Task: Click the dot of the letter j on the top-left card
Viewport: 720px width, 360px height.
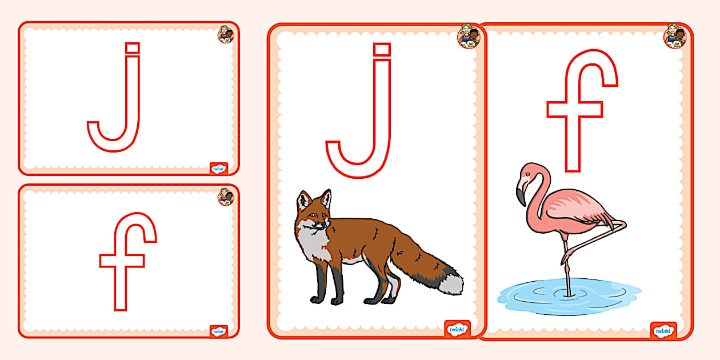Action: click(133, 48)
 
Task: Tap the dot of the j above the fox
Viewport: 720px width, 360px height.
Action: click(382, 50)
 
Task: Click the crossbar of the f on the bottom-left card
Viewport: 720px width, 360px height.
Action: click(122, 261)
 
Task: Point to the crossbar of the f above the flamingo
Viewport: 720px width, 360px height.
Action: click(575, 109)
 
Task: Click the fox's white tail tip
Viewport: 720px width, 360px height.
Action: click(452, 284)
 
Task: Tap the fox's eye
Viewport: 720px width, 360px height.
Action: click(313, 215)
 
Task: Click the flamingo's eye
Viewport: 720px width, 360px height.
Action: click(528, 174)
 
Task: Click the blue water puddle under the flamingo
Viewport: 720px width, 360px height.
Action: click(569, 297)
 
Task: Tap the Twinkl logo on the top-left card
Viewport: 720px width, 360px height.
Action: click(218, 169)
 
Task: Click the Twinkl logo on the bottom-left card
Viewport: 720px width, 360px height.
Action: click(218, 331)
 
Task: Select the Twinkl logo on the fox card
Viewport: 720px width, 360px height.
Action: click(457, 329)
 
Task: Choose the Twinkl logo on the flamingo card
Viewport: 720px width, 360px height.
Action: click(663, 330)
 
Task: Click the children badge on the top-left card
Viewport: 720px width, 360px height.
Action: click(226, 34)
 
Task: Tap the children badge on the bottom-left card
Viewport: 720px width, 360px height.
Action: click(226, 197)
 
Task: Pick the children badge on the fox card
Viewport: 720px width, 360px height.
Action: click(469, 36)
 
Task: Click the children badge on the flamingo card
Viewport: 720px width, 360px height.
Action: click(675, 36)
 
